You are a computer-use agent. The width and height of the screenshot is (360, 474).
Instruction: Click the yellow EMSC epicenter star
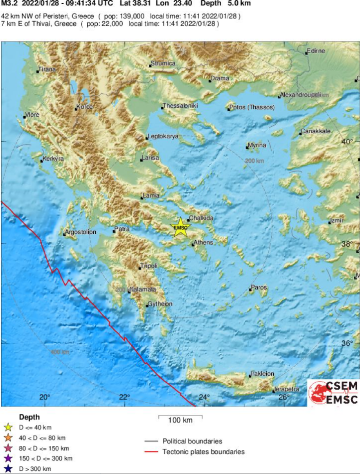coord(180,227)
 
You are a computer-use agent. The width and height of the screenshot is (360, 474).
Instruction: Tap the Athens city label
coord(203,243)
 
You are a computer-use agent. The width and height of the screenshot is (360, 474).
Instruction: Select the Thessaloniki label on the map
coord(180,106)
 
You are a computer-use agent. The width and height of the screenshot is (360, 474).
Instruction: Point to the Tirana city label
coord(47,69)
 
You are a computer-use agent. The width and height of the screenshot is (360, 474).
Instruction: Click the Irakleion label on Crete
coord(263,374)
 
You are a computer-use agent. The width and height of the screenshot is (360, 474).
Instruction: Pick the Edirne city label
coord(317,51)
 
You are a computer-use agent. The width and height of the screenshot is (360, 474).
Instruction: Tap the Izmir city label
coord(338,221)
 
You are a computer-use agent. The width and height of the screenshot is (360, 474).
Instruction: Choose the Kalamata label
coord(143,290)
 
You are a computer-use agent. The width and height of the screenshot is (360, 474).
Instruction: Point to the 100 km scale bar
coord(180,418)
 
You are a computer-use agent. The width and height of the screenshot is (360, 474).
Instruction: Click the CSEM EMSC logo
coord(333,393)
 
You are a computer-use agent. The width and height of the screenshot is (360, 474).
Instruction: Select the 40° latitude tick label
coord(347,142)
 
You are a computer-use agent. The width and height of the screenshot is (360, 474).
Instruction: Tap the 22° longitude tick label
coord(124,397)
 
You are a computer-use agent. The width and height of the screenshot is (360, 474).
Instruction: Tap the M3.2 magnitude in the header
coord(8,4)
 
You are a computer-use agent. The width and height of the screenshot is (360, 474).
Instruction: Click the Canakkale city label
coord(315,132)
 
